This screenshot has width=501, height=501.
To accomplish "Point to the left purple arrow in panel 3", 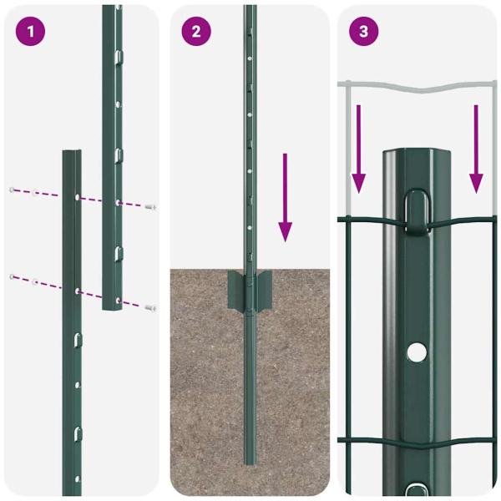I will pyautogui.click(x=359, y=147).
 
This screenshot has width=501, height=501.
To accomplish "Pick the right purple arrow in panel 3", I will pyautogui.click(x=476, y=147).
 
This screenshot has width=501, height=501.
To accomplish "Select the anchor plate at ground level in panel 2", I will pyautogui.click(x=249, y=288).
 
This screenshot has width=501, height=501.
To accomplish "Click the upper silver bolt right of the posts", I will pyautogui.click(x=150, y=206).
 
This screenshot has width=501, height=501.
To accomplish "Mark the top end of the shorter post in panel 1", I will pyautogui.click(x=72, y=154).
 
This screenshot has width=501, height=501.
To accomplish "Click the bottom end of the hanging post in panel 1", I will pyautogui.click(x=113, y=307).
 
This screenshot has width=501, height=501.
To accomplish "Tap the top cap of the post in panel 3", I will pyautogui.click(x=415, y=156).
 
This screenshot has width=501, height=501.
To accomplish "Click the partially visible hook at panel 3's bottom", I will pyautogui.click(x=415, y=488).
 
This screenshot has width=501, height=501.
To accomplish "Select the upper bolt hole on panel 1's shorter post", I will pyautogui.click(x=77, y=198).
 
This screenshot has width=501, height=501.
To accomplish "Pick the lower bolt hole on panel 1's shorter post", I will pyautogui.click(x=77, y=291).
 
